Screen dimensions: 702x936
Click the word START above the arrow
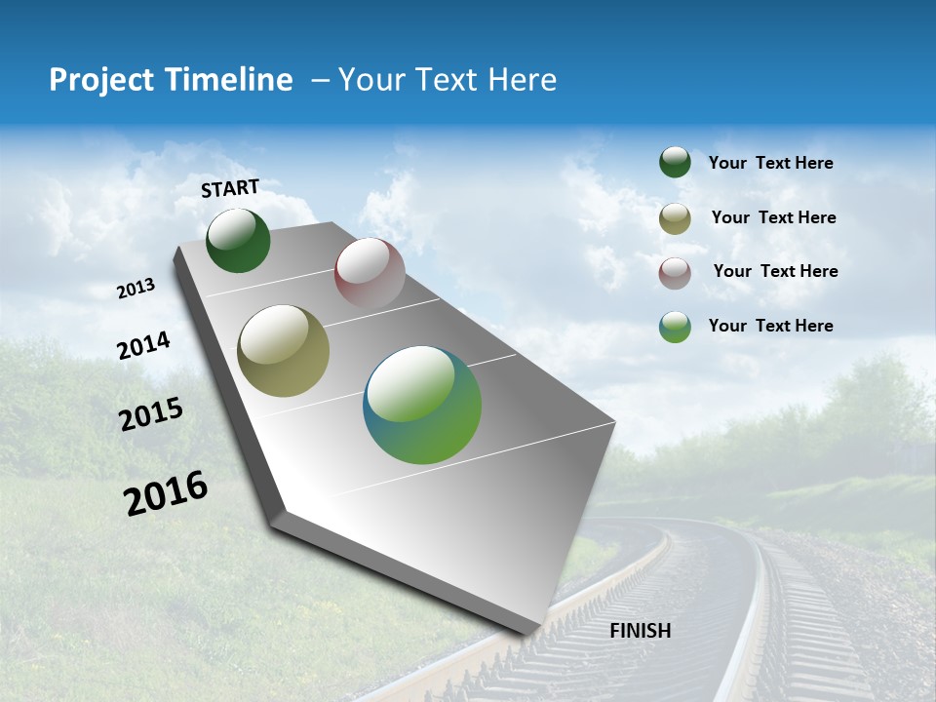(230, 188)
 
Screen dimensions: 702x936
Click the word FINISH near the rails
(641, 631)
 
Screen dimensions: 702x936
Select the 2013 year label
(136, 288)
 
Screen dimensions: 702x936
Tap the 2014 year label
(143, 345)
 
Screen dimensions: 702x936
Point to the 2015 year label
(151, 414)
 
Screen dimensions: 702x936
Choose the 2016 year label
(166, 493)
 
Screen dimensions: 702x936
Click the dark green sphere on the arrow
(238, 241)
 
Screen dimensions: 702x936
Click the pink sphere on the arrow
(370, 273)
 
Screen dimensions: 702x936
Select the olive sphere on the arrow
(283, 351)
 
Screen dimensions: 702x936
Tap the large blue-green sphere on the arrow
(422, 405)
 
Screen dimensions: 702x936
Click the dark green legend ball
(675, 162)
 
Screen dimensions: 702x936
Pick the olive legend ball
(675, 218)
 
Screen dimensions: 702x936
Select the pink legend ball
(675, 272)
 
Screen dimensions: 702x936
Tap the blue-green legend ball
(675, 327)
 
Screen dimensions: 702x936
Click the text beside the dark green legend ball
(770, 163)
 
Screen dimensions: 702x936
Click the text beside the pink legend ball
(775, 271)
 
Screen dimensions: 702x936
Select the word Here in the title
(521, 80)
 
